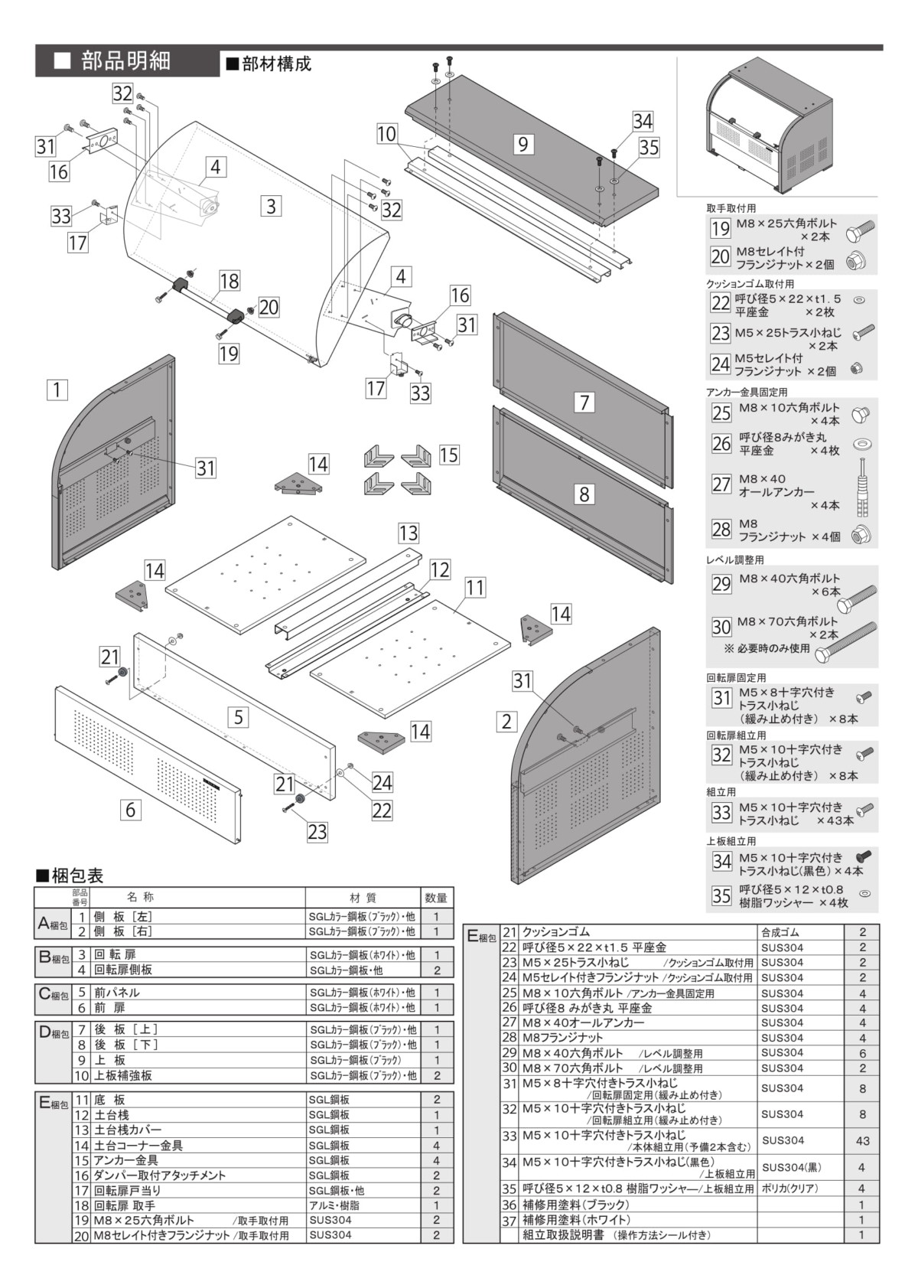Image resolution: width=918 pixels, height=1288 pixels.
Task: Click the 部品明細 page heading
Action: coord(126,61)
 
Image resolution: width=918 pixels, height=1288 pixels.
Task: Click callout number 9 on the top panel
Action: coord(522,144)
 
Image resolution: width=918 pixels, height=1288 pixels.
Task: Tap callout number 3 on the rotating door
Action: coord(271,205)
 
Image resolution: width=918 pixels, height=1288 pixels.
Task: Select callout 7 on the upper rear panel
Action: coord(584,402)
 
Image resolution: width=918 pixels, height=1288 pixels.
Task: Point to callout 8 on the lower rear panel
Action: coord(584,494)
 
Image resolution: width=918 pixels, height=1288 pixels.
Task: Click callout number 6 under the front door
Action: coord(131,809)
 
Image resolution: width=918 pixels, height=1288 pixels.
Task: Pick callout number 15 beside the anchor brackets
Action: coord(449,455)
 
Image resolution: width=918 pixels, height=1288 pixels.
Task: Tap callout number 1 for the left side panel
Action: coord(57,390)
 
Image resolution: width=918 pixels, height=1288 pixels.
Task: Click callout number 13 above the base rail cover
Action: coord(409,533)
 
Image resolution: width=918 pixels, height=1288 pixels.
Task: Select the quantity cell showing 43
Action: coord(862,1141)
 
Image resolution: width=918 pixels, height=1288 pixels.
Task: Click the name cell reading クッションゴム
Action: coord(556,932)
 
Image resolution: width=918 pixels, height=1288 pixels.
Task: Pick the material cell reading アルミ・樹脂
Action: coord(334,1205)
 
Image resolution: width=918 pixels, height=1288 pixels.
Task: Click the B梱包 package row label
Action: coord(53,958)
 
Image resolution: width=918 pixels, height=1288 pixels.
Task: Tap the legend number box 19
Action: coord(721,228)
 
